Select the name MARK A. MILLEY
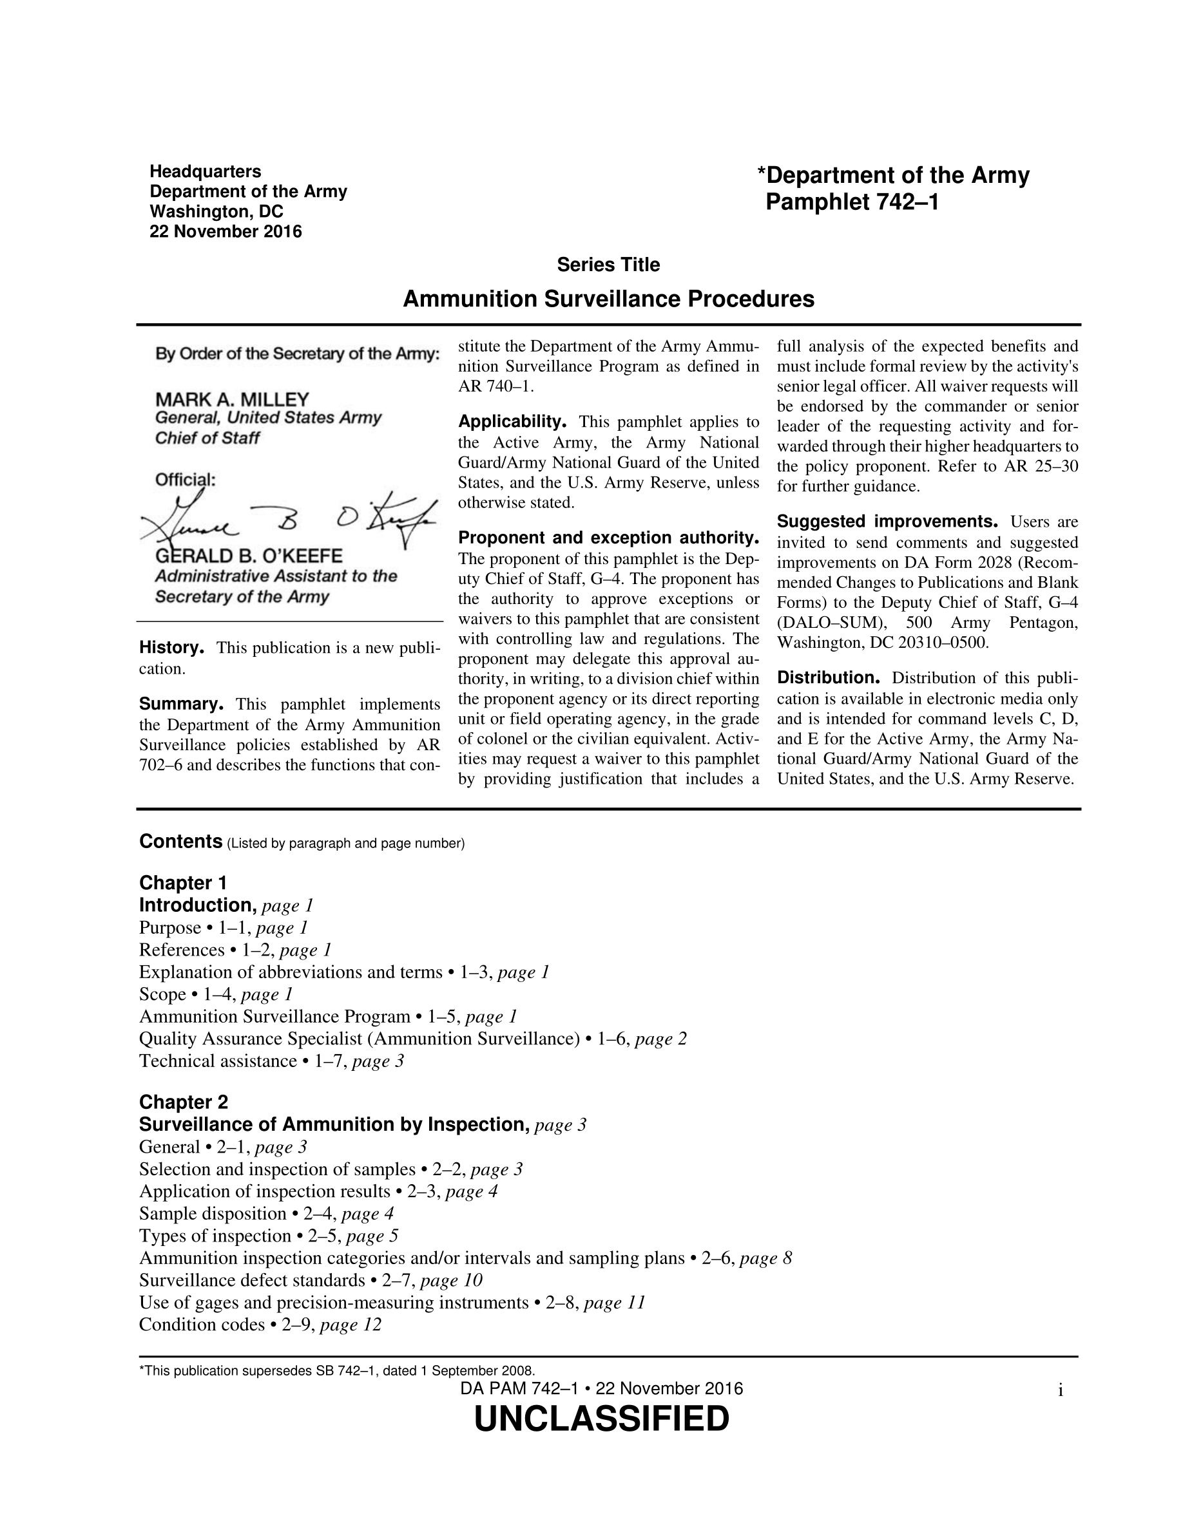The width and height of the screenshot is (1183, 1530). click(x=232, y=400)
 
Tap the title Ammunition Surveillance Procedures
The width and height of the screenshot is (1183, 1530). click(x=608, y=299)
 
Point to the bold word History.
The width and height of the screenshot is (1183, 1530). click(x=171, y=647)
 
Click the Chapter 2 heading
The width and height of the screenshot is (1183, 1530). click(x=184, y=1102)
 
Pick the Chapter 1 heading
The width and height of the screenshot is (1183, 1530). click(x=183, y=883)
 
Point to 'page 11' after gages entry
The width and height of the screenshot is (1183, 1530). click(x=614, y=1303)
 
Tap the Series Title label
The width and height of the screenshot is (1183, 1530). click(x=608, y=265)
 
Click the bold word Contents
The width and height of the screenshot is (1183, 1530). click(x=181, y=842)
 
